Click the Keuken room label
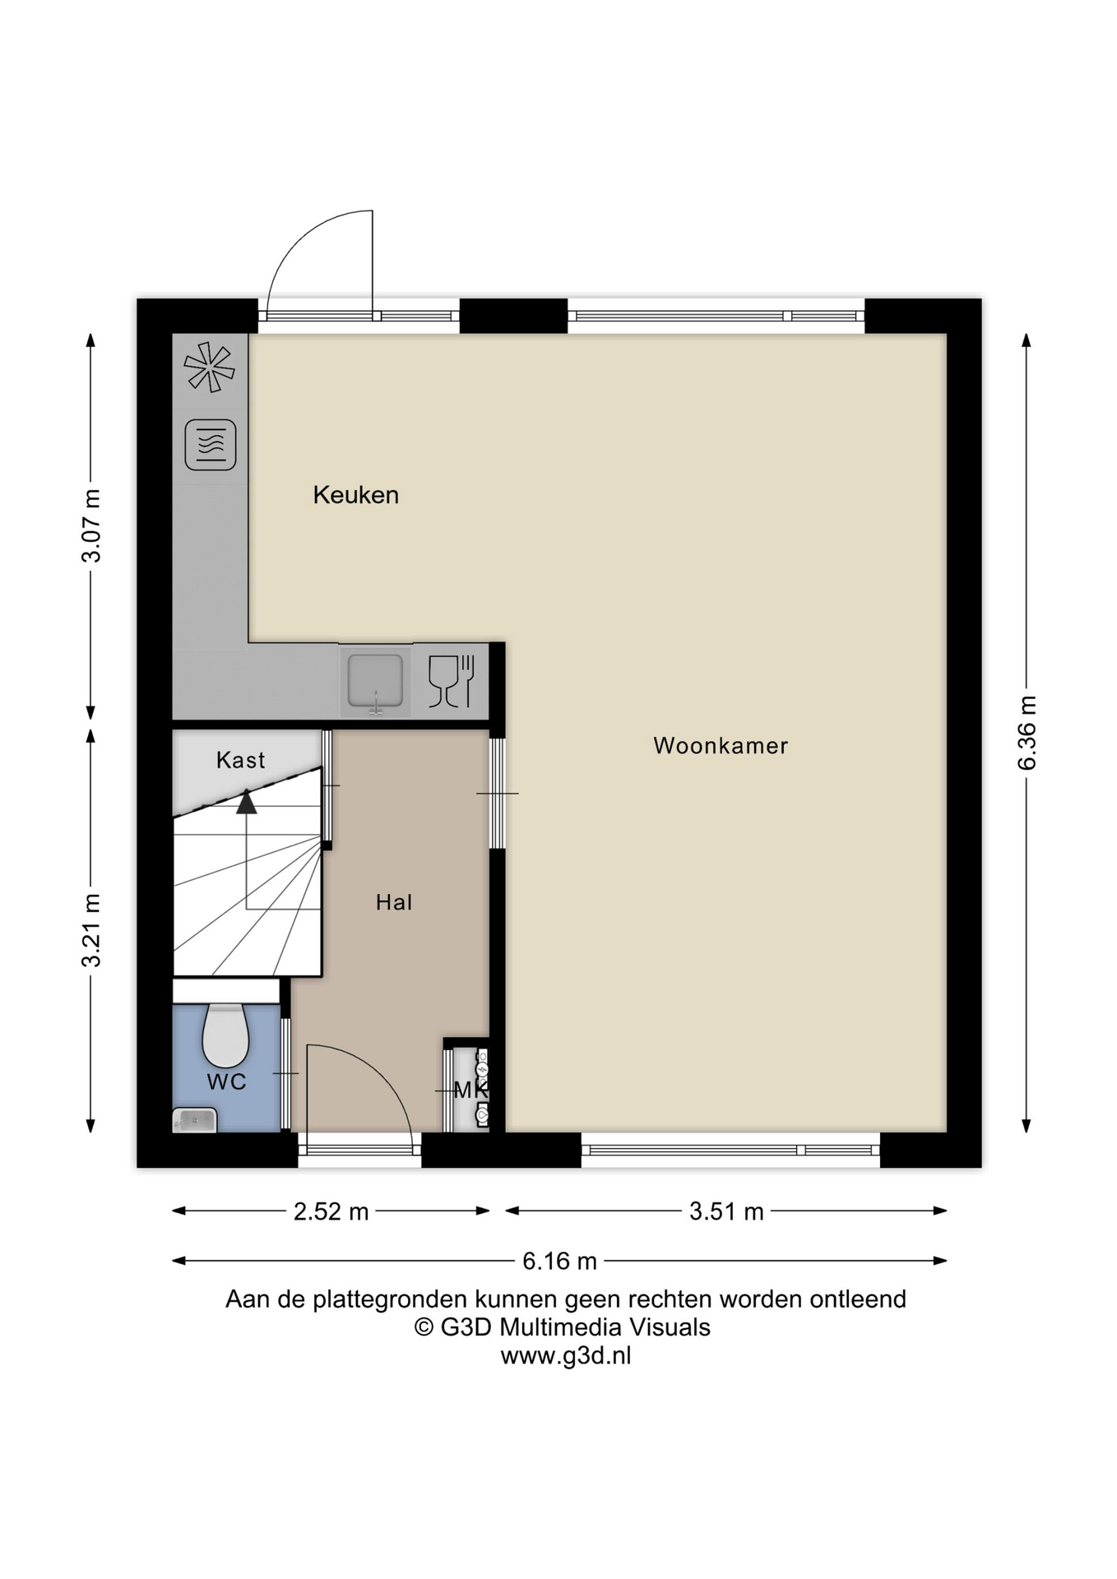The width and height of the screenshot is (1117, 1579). tap(355, 495)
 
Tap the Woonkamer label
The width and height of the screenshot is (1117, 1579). tap(721, 746)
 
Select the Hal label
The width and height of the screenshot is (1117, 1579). tap(393, 902)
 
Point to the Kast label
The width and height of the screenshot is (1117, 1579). tap(240, 760)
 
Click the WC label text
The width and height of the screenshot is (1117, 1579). tap(226, 1081)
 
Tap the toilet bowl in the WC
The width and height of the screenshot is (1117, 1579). tap(225, 1035)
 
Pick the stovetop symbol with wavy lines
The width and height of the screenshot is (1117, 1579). tap(211, 445)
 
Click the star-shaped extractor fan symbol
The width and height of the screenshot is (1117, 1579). tap(210, 367)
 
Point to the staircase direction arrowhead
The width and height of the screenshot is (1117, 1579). tap(247, 801)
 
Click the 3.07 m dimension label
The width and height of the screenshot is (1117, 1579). tap(91, 526)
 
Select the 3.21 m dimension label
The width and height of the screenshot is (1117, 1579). tap(91, 930)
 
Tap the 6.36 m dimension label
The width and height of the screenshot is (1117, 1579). tap(1027, 733)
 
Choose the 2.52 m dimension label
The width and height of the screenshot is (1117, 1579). tap(331, 1211)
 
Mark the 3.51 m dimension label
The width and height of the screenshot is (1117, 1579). tap(726, 1211)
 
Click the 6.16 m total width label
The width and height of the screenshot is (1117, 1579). tap(559, 1261)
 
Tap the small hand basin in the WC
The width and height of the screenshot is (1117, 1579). tap(195, 1119)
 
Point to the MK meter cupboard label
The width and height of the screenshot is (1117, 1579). tap(471, 1090)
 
